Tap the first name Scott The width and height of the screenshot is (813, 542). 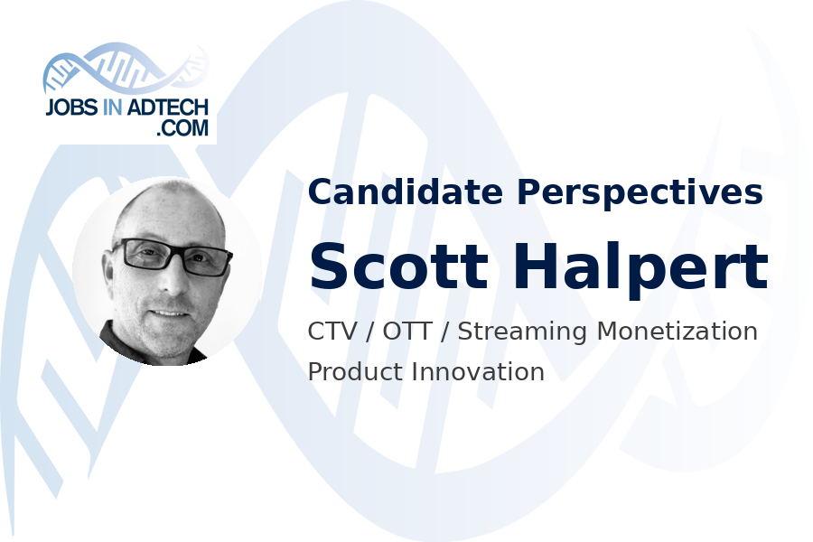point(390,266)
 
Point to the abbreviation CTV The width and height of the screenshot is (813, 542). point(332,332)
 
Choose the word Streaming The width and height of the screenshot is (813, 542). point(520,332)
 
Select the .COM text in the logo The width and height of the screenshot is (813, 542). point(182,128)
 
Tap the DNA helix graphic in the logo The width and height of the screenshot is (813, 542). point(126,68)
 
